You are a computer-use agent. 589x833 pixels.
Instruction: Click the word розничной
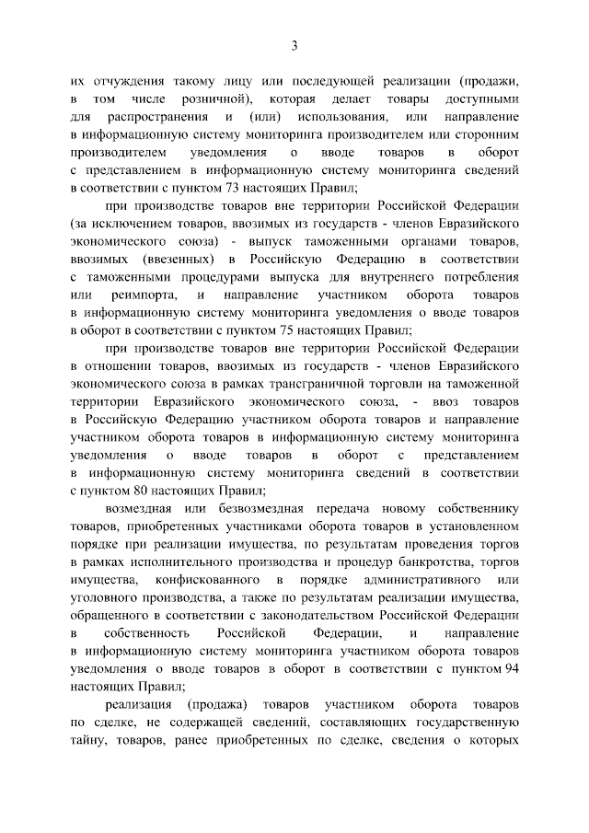coord(214,98)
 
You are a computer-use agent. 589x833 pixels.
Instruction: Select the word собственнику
coord(474,508)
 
